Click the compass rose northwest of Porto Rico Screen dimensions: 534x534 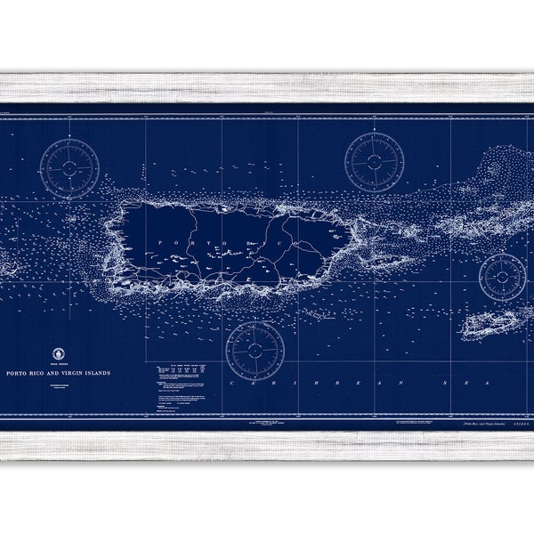click(x=70, y=166)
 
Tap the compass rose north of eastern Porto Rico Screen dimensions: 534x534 click(x=374, y=161)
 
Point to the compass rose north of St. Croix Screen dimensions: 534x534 click(x=504, y=276)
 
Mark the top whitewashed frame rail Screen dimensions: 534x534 click(x=267, y=87)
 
